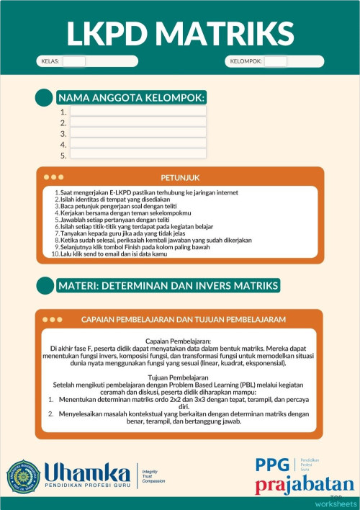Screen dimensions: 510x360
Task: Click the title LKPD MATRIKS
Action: coord(180,32)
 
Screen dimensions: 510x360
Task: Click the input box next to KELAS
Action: coord(74,61)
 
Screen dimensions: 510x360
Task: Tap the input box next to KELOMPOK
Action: coord(275,61)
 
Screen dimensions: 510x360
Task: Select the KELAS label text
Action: coord(50,61)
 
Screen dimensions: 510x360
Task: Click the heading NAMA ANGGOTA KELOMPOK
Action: coord(131,97)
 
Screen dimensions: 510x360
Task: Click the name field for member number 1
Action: coord(138,112)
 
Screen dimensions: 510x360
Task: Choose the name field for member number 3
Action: coord(138,133)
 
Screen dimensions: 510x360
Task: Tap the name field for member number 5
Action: coord(138,155)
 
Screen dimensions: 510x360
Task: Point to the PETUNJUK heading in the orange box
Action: coord(180,177)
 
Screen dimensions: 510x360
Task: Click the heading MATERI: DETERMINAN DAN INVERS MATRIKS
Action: coord(168,286)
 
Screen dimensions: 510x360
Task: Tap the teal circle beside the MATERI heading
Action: coord(45,286)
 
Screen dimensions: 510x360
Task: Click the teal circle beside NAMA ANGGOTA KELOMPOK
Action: coord(45,98)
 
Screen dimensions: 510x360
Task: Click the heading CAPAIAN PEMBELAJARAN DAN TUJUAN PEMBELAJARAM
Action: coord(184,319)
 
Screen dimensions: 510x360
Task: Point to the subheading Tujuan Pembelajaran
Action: coord(180,377)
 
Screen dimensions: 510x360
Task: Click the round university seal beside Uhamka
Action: coord(24,475)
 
